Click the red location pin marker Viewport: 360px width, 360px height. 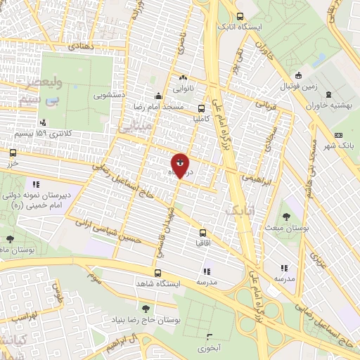pos(180,165)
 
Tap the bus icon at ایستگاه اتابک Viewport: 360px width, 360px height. pos(240,17)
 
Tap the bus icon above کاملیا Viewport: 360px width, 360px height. pos(202,108)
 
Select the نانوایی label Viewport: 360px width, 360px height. pos(184,89)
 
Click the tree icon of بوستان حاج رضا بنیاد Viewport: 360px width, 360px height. pos(146,308)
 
